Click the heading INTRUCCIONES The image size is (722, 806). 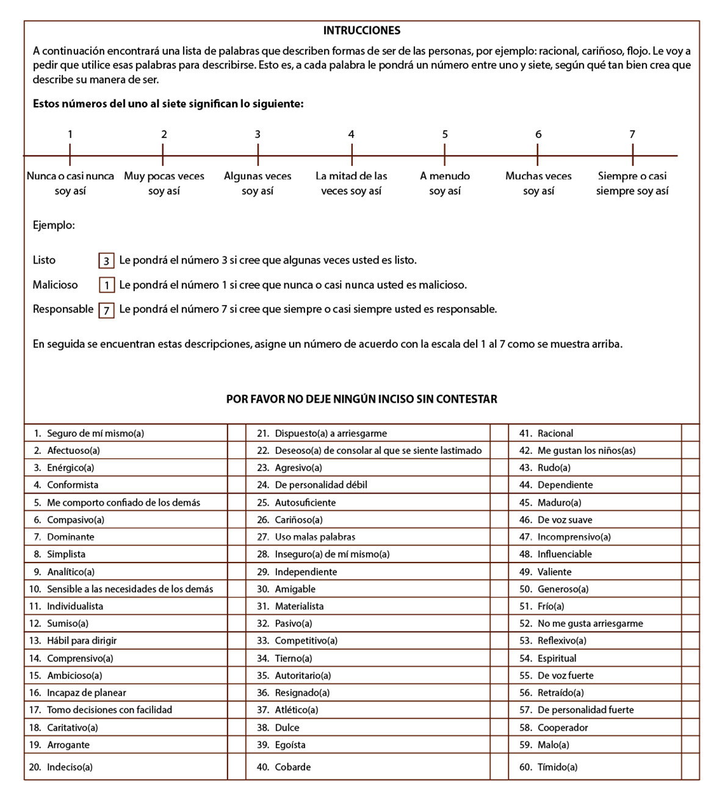[x=361, y=31]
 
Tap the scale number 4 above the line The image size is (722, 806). [x=351, y=134]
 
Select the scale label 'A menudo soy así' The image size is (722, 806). [x=445, y=183]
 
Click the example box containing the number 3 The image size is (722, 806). [x=106, y=261]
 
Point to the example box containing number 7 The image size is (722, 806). [x=106, y=311]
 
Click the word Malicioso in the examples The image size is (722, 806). [x=56, y=285]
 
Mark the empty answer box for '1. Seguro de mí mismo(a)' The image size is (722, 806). [x=236, y=433]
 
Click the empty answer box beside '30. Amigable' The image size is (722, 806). [x=499, y=589]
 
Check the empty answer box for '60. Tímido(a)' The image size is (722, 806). [x=690, y=767]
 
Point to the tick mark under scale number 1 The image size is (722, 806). [x=70, y=155]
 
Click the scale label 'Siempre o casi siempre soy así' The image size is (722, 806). [x=632, y=183]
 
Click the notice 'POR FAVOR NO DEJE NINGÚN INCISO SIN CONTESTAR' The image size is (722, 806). [x=361, y=399]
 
